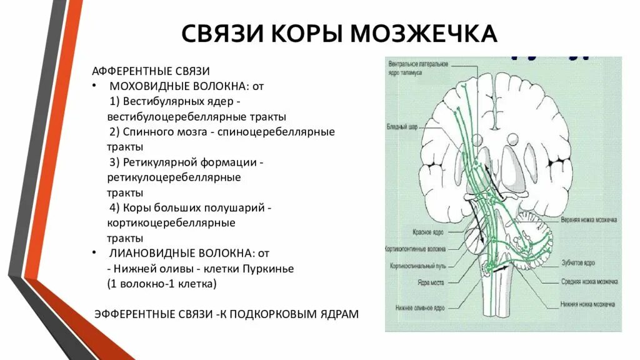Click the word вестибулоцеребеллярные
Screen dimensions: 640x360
coord(165,116)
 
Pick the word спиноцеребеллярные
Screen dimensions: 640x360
coord(285,132)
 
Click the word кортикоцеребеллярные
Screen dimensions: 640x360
coord(171,222)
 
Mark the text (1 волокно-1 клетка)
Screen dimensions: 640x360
coord(162,284)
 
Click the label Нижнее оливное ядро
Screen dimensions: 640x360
coord(420,308)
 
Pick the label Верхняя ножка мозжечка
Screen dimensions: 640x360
coord(589,221)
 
